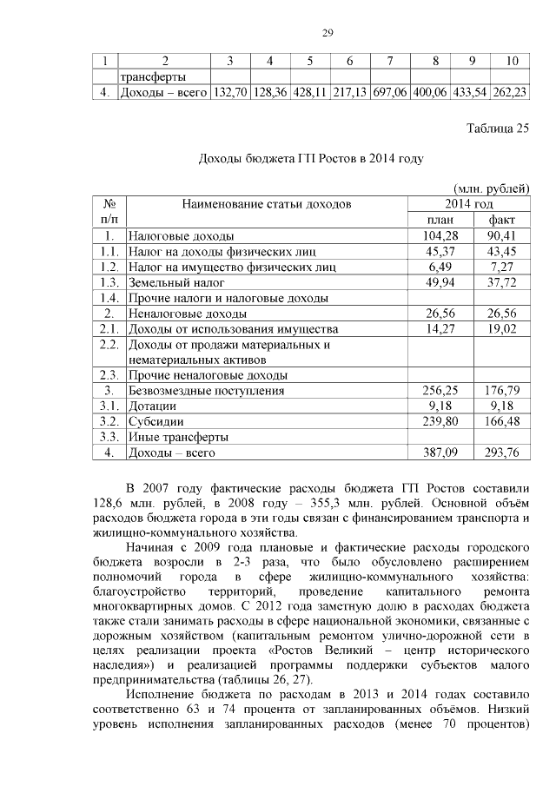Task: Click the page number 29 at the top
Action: [x=328, y=33]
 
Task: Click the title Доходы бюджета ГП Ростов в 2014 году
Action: [x=311, y=159]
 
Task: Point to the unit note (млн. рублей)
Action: [x=492, y=188]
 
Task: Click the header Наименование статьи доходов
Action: [x=267, y=205]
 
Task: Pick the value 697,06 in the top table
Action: [x=390, y=93]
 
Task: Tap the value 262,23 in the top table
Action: [x=511, y=93]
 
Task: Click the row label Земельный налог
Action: [x=176, y=282]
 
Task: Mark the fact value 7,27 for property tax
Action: [x=501, y=267]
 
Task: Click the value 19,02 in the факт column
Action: [x=501, y=329]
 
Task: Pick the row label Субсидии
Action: [x=153, y=421]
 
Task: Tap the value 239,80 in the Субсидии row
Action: [x=439, y=421]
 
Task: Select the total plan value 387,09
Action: [x=439, y=452]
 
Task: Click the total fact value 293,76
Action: [x=501, y=452]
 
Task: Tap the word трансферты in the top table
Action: [x=154, y=77]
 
